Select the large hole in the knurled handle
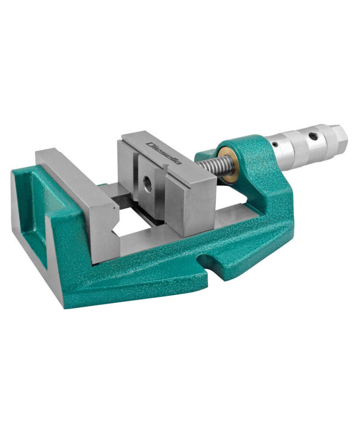point(312,136)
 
